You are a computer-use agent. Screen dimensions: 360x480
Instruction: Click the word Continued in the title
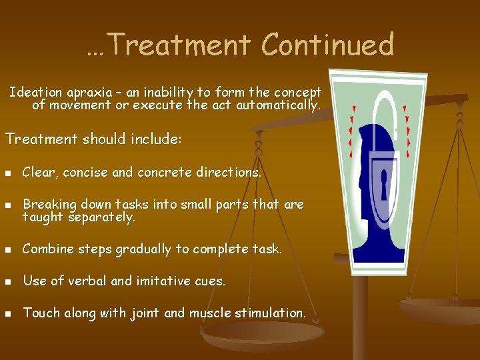[x=327, y=45]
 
